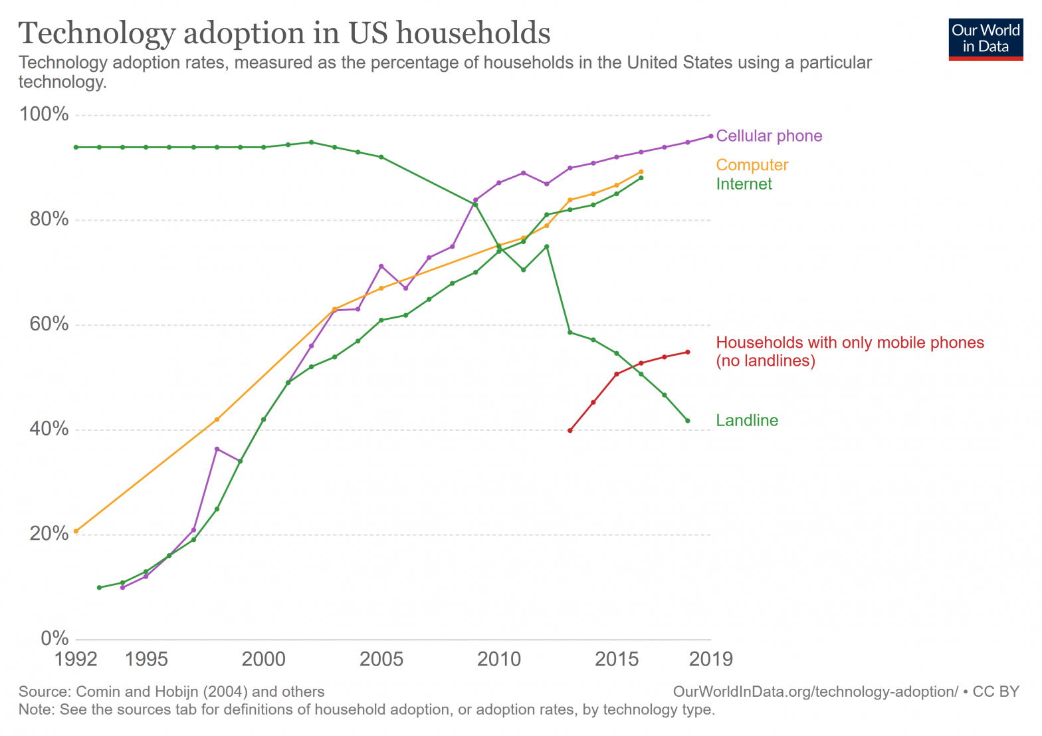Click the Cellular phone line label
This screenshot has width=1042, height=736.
pos(769,136)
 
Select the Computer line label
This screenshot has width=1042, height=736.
pos(752,165)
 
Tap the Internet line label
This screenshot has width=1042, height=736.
pos(744,184)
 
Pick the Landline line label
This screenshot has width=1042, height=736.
pos(747,420)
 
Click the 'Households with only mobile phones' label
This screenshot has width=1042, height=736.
pos(849,343)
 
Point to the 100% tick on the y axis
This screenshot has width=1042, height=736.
pos(45,114)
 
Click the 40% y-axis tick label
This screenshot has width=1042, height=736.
pos(49,429)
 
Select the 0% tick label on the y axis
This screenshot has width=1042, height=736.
pos(54,638)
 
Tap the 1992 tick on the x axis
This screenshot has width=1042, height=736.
pos(76,660)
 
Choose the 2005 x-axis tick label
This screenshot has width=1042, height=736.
pos(381,660)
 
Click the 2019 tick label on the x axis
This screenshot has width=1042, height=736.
pos(711,660)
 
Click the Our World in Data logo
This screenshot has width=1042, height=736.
pos(986,39)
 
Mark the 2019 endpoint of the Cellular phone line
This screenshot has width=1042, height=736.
pos(711,136)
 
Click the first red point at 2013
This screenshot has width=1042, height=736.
pos(570,431)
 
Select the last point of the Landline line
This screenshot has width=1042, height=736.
pos(688,421)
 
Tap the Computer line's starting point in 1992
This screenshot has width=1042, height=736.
pos(76,531)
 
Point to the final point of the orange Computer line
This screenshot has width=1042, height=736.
pos(641,172)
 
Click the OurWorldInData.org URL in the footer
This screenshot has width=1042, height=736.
pos(815,691)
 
